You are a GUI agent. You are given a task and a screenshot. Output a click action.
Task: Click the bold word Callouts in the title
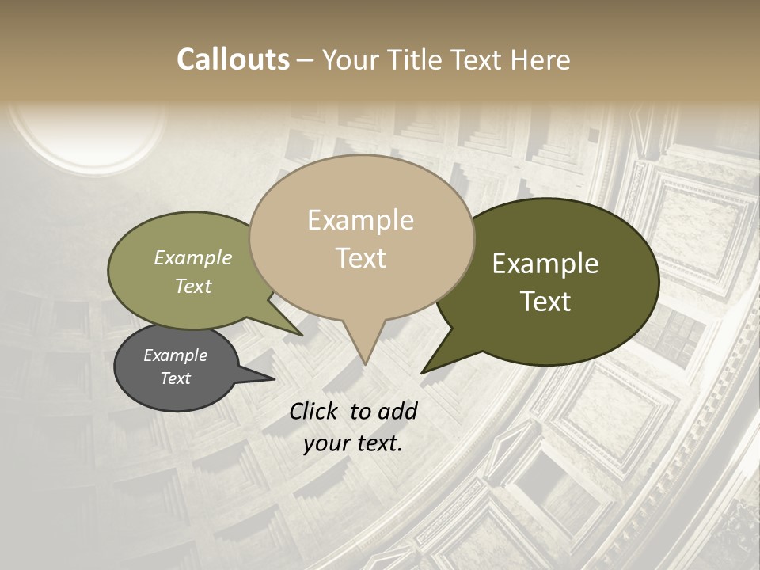tap(233, 59)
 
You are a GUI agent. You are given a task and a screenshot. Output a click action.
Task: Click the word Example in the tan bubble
tap(360, 220)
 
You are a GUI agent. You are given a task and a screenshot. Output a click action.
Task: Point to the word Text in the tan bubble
tap(360, 257)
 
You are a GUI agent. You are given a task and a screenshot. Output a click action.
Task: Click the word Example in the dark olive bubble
tap(545, 264)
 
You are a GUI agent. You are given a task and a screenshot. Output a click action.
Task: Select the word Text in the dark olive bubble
tap(545, 301)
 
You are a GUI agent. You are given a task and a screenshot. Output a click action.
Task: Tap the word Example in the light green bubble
tap(192, 257)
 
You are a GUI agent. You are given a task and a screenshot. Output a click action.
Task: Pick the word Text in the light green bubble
tap(192, 286)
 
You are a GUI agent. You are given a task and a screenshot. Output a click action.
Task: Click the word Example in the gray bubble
tap(175, 355)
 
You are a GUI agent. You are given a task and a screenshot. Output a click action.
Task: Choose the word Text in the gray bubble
tap(175, 378)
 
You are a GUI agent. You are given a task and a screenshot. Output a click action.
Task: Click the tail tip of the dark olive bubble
tap(423, 372)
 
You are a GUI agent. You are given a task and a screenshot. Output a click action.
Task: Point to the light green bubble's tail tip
tap(302, 335)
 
